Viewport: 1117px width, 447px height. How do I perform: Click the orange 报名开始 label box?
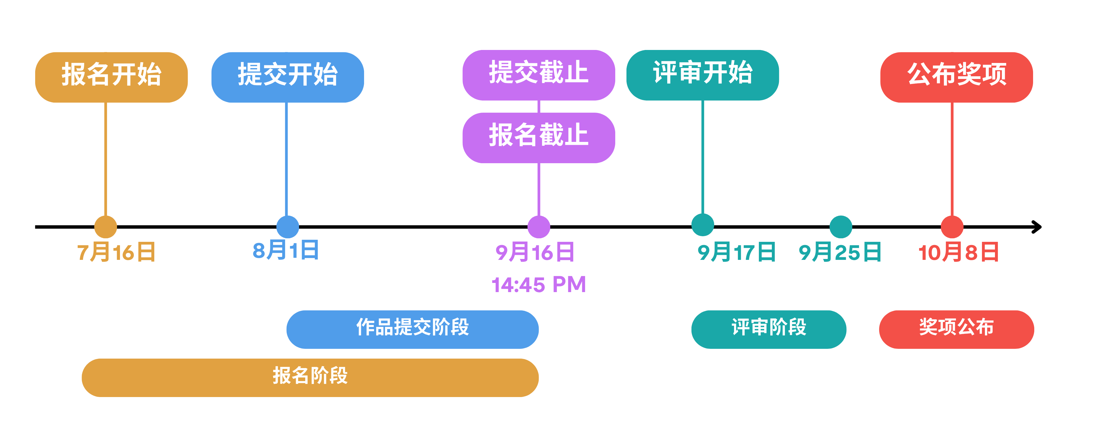(x=111, y=77)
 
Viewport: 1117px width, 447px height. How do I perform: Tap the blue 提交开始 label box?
(x=288, y=77)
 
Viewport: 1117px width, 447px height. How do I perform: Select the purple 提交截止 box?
(x=538, y=74)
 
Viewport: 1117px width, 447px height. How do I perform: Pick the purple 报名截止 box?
(x=538, y=137)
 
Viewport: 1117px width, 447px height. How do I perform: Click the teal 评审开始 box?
(x=702, y=74)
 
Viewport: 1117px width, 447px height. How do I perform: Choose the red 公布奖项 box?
(x=957, y=77)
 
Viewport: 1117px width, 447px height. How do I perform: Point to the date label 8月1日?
(x=286, y=250)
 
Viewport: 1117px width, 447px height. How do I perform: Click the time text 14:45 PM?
(x=538, y=285)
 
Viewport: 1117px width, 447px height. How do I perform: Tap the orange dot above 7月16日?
(x=106, y=226)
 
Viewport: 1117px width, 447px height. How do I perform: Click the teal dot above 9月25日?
(x=841, y=226)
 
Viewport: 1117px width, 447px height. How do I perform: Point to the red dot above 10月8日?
(x=952, y=226)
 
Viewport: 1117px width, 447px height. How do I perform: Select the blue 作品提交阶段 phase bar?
(x=412, y=329)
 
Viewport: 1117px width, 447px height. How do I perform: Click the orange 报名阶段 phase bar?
(x=310, y=378)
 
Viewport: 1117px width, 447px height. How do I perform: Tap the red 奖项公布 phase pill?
(x=956, y=329)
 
